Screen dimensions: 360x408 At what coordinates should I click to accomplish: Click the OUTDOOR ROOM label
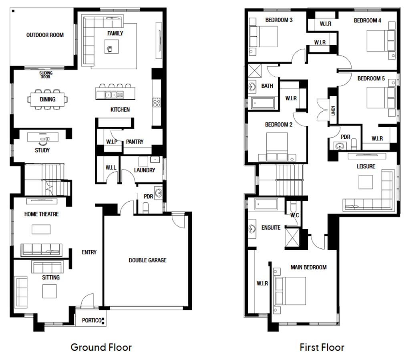[x=45, y=35]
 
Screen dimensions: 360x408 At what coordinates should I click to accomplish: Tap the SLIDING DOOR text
[x=46, y=75]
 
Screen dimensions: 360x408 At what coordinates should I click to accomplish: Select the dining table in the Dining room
[x=48, y=99]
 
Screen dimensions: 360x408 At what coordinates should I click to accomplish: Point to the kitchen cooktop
[x=157, y=102]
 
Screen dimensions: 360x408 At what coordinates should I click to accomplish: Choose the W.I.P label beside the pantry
[x=112, y=142]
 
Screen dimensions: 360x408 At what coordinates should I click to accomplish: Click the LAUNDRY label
[x=145, y=170]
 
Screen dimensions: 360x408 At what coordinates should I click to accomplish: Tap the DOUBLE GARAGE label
[x=147, y=260]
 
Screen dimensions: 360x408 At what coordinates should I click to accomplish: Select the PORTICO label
[x=91, y=320]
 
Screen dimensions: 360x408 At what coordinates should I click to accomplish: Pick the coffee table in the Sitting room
[x=50, y=291]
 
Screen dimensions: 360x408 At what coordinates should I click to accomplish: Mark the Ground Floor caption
[x=101, y=347]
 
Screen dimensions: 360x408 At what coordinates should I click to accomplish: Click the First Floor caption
[x=322, y=347]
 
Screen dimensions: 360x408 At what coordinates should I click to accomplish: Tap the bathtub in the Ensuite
[x=266, y=205]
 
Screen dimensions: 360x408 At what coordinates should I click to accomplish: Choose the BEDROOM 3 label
[x=279, y=20]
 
